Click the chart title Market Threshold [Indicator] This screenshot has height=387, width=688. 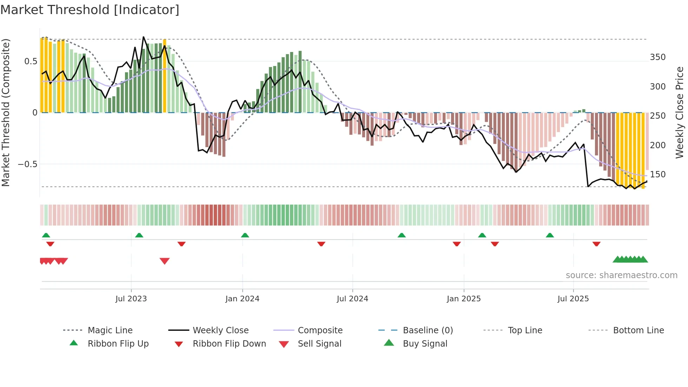pos(90,10)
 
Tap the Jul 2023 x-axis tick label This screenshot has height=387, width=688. pos(131,299)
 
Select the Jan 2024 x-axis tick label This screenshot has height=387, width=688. pos(242,299)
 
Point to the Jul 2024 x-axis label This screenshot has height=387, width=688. pos(352,299)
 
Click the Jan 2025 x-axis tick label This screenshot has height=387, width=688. pos(464,299)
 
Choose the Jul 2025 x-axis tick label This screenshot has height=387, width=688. pos(573,299)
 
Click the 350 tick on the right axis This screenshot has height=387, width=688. pos(657,57)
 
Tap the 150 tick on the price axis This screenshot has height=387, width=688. pos(657,175)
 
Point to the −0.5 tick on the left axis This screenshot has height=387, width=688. pos(27,164)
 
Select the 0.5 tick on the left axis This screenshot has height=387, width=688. pos(31,61)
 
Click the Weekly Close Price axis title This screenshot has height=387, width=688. pos(680,112)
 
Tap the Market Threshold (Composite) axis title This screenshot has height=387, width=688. pos(6,112)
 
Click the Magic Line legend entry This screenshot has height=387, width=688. pos(110,330)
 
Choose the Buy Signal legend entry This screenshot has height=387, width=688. pos(425,344)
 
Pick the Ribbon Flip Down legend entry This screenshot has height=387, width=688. pos(229,344)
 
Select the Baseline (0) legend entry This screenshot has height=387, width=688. pos(428,330)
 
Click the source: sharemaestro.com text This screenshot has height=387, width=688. pos(621,275)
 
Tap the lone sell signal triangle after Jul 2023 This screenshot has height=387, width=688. pos(165,261)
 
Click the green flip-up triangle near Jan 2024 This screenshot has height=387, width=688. pos(245,235)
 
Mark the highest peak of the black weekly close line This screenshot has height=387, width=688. pos(144,37)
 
